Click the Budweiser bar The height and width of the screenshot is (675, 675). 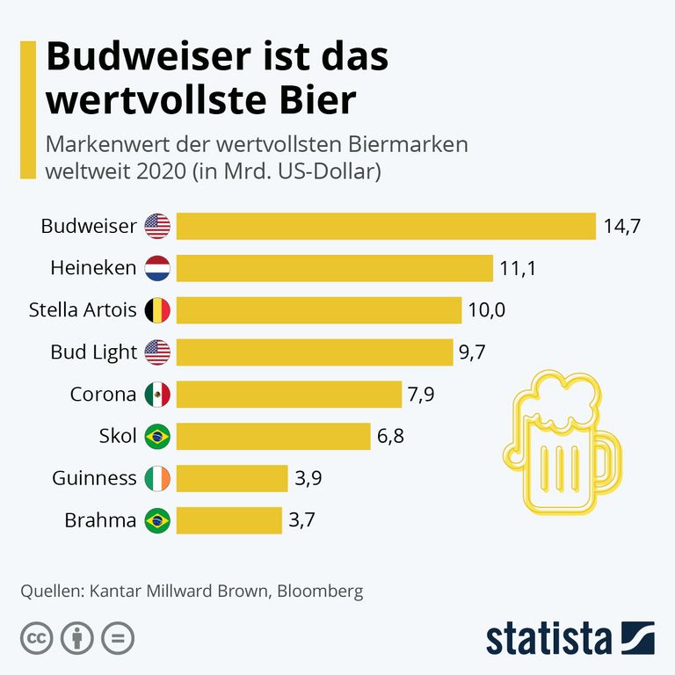pyautogui.click(x=386, y=226)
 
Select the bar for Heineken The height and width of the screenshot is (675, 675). pyautogui.click(x=334, y=268)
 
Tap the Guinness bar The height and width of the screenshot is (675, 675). pyautogui.click(x=232, y=478)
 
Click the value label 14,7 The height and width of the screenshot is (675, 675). pyautogui.click(x=622, y=226)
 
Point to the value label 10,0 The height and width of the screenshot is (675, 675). pyautogui.click(x=487, y=310)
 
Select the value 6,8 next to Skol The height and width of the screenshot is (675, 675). pyautogui.click(x=391, y=436)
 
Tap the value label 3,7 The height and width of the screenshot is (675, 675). pyautogui.click(x=301, y=520)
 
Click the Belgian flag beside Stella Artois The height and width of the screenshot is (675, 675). pyautogui.click(x=157, y=310)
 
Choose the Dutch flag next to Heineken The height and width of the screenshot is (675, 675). pyautogui.click(x=157, y=268)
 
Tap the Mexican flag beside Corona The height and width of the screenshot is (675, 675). pyautogui.click(x=157, y=395)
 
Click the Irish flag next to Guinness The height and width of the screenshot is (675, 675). pyautogui.click(x=157, y=478)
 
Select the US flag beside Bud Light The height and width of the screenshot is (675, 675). pyautogui.click(x=157, y=352)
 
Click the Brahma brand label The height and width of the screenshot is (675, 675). pyautogui.click(x=100, y=520)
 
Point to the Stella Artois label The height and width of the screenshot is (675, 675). pyautogui.click(x=83, y=310)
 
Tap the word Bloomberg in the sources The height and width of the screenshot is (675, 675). pyautogui.click(x=320, y=592)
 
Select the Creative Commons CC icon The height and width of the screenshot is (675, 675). pyautogui.click(x=36, y=638)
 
